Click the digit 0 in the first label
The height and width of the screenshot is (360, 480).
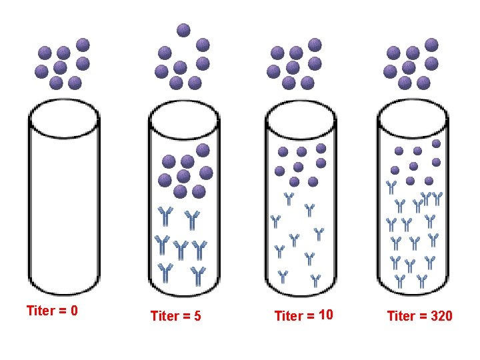click(74, 311)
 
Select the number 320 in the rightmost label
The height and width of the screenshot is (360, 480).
click(441, 316)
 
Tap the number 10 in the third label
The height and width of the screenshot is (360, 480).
click(326, 315)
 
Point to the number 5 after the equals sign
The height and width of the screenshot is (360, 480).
click(197, 316)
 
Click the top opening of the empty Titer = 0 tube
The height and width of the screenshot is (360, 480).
click(64, 119)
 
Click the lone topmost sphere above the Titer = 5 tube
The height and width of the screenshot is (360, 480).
click(183, 29)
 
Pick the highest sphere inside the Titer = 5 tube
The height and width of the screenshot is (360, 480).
click(203, 149)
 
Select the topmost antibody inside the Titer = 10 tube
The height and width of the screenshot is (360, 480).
click(289, 197)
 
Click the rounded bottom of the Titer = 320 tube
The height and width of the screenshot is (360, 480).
click(411, 291)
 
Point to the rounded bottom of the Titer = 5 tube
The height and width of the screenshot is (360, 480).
click(183, 291)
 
